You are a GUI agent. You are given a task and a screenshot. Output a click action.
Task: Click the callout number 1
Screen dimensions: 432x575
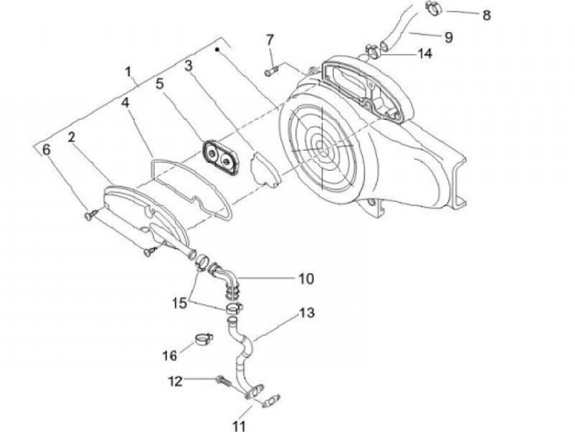(129, 72)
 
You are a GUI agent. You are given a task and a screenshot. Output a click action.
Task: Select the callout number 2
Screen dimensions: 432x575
(72, 137)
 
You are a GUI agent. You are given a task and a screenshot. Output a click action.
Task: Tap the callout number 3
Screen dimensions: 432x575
(189, 65)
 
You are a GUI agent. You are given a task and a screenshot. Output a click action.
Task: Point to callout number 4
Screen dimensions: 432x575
(125, 103)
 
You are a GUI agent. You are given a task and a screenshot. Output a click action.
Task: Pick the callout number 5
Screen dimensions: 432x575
(159, 82)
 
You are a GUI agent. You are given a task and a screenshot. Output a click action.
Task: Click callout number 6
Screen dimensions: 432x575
(46, 149)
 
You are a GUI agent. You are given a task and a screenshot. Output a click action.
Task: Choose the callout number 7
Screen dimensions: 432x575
(270, 39)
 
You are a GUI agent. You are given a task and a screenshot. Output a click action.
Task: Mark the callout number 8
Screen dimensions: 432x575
(487, 14)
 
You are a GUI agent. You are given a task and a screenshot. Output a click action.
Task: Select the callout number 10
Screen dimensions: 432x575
(307, 279)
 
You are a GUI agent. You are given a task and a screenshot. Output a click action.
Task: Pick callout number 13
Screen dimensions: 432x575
(307, 312)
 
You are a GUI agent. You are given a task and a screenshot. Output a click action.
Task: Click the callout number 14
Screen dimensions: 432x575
(425, 54)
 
